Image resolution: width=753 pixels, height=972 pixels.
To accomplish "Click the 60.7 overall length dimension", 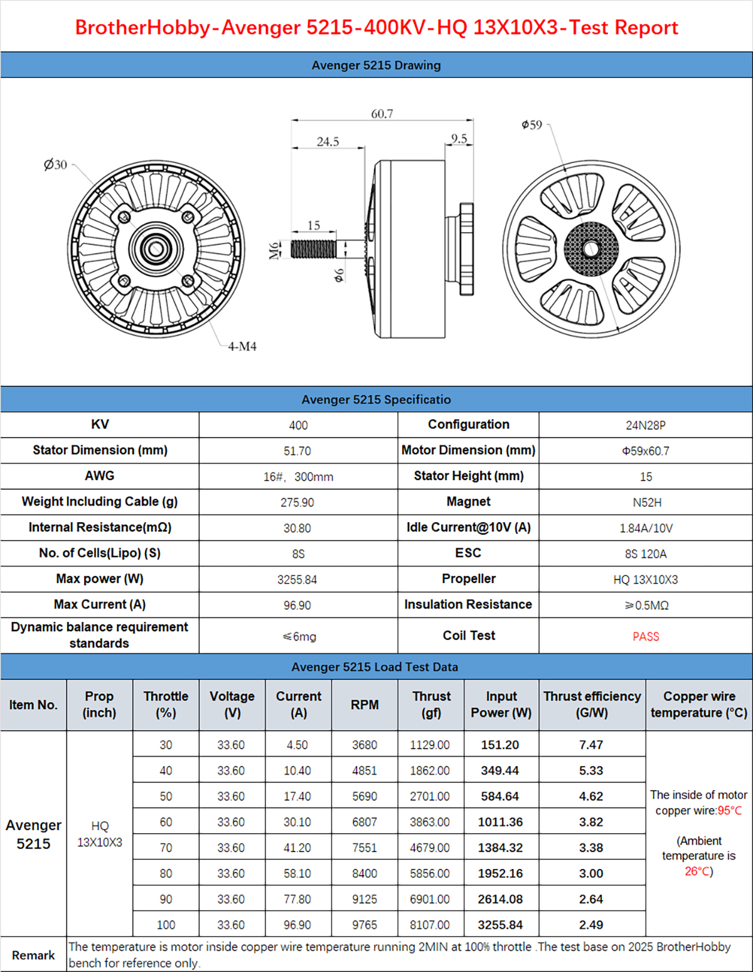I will point(382,114).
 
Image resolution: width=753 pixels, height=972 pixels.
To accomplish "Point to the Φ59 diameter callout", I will point(531,125).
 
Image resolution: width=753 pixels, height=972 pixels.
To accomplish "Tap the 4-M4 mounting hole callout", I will point(242,346).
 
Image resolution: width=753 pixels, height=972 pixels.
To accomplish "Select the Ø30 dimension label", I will point(55,164).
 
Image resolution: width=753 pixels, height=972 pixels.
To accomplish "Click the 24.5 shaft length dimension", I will point(328,141).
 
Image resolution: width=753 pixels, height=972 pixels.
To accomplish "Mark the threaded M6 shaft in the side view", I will point(313,249).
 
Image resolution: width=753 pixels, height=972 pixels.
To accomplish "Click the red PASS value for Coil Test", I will point(646,636).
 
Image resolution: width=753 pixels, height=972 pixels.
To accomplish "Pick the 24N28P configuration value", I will point(646,425).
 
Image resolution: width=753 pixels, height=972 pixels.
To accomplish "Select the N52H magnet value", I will point(646,503).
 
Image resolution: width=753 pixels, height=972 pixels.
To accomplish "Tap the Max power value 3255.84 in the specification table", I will point(297,580).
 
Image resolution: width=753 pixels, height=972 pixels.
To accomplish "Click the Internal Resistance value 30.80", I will point(297,528).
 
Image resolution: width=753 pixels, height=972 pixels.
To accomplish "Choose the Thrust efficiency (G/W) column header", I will point(592,705).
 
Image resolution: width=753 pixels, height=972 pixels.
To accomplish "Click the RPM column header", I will point(365,705).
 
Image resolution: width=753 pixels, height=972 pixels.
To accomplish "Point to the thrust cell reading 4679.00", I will point(430,848).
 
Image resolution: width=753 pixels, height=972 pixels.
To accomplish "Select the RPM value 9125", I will point(365,899).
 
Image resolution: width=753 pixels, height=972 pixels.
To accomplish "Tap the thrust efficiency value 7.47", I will point(591,745).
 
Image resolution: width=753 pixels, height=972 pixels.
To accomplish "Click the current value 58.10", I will point(297,873).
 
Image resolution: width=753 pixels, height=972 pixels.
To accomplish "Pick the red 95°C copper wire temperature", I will point(730,811).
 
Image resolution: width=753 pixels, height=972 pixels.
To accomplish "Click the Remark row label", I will point(33,955).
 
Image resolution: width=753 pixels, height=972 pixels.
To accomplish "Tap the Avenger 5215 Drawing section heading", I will point(376,65).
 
